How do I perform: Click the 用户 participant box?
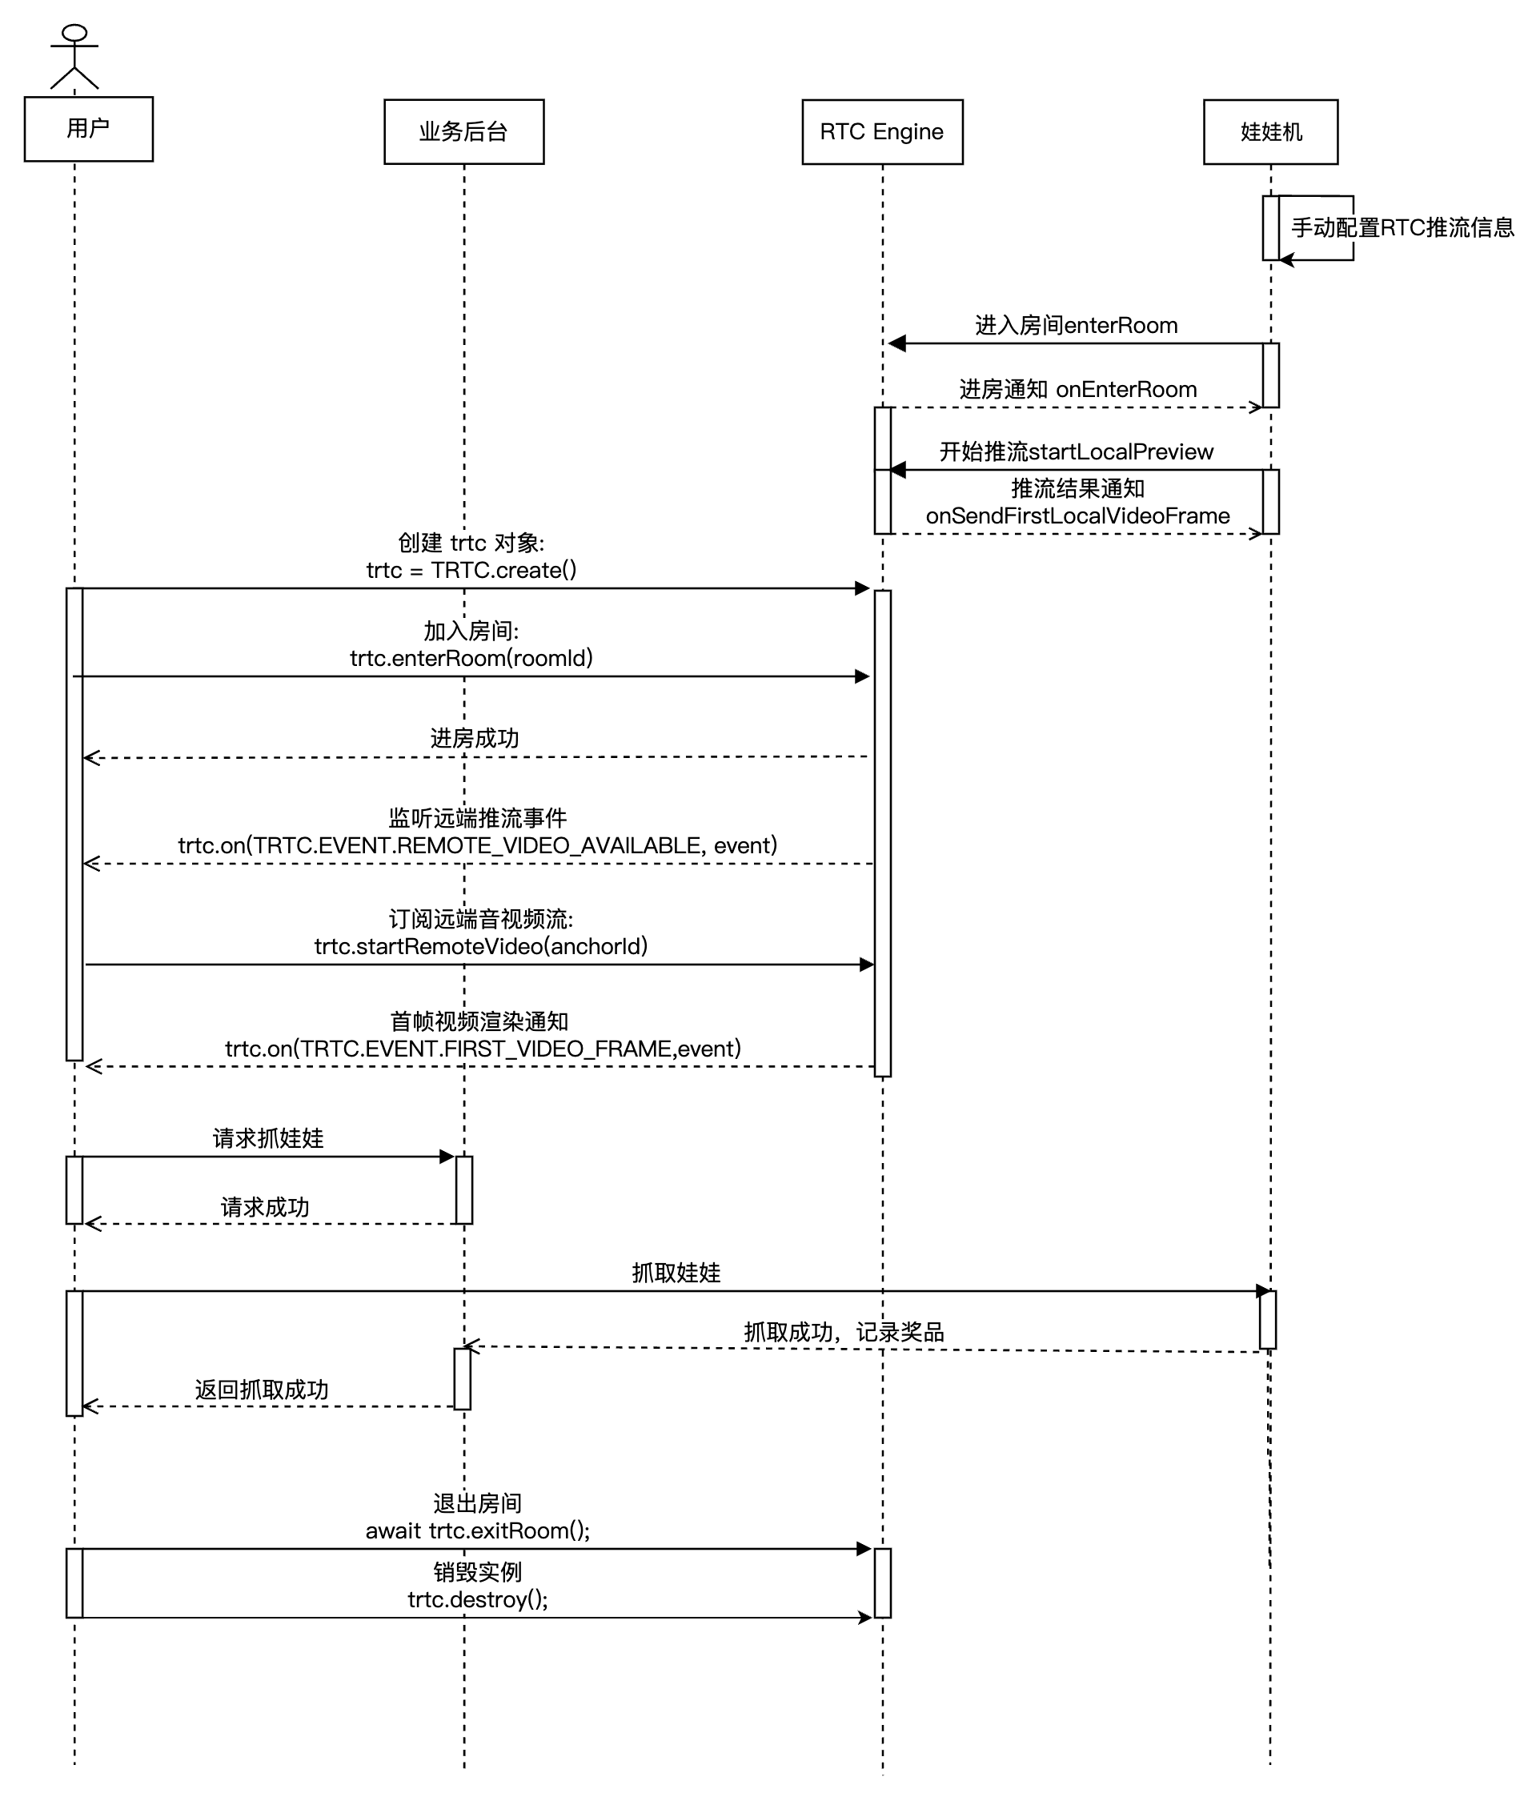pos(88,129)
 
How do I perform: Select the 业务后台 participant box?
pos(463,131)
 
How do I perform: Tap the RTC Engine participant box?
pos(881,131)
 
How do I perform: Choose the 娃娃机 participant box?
pos(1269,131)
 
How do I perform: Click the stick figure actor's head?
pos(74,33)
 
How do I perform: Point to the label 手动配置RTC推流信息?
pos(1402,228)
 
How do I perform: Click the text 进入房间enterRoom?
pos(1076,325)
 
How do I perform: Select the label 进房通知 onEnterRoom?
pos(1077,389)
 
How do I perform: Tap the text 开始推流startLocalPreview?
pos(1076,452)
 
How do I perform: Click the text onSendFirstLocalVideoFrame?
pos(1077,515)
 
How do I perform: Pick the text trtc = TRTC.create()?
pos(471,570)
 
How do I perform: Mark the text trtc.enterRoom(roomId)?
pos(471,658)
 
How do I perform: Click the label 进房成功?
pos(475,738)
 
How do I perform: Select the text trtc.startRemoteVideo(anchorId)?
pos(480,945)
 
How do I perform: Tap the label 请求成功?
pos(265,1206)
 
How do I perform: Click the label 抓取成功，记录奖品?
pos(843,1332)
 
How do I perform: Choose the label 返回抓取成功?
pos(262,1389)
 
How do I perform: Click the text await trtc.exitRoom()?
pos(477,1530)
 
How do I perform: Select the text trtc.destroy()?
pos(477,1599)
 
